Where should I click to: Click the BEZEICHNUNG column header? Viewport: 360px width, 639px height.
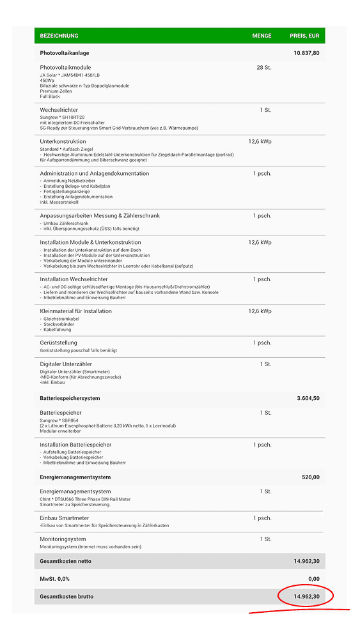[x=59, y=36]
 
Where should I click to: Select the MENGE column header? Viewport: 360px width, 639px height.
[x=262, y=36]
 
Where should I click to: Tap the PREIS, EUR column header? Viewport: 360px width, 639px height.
[x=304, y=36]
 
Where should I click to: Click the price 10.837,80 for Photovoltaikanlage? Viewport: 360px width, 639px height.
[x=306, y=53]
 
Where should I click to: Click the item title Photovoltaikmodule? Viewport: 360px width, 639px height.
[x=65, y=67]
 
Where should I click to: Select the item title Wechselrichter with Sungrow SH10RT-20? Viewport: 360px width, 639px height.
[x=59, y=110]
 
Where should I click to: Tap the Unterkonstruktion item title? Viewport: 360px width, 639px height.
[x=63, y=141]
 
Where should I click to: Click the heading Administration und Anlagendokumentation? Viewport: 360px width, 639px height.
[x=94, y=173]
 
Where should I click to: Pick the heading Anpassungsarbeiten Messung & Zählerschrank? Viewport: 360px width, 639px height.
[x=100, y=215]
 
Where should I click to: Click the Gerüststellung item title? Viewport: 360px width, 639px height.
[x=58, y=343]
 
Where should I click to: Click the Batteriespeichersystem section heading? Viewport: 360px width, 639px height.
[x=70, y=398]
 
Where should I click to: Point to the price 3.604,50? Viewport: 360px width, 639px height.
[x=308, y=398]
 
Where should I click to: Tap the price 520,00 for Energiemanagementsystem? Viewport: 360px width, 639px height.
[x=311, y=477]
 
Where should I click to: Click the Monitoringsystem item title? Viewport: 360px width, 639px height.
[x=63, y=539]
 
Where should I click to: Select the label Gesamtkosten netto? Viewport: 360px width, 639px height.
[x=65, y=561]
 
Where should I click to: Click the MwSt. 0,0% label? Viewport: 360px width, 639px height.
[x=56, y=578]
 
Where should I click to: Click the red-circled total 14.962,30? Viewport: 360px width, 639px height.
[x=307, y=596]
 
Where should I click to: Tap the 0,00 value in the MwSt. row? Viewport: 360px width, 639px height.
[x=313, y=578]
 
